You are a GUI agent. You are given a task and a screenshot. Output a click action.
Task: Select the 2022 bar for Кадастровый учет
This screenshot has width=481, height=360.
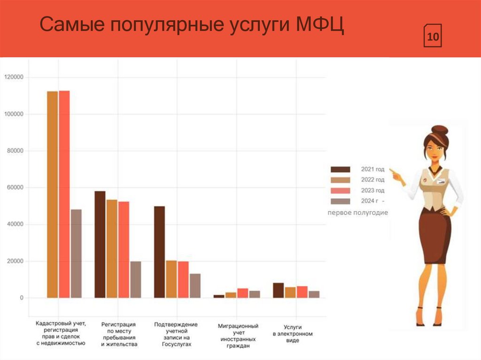(x=52, y=194)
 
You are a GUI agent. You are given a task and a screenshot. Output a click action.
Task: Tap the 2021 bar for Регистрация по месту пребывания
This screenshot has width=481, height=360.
(x=100, y=244)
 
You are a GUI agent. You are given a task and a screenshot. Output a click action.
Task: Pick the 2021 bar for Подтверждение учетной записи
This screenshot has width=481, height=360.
(x=159, y=252)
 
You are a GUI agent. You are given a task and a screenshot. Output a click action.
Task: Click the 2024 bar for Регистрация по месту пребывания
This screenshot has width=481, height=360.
(x=135, y=279)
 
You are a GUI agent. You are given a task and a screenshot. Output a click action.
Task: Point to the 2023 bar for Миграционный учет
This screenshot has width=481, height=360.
(x=242, y=293)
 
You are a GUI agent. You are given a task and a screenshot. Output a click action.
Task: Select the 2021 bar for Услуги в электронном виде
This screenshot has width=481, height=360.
(x=278, y=290)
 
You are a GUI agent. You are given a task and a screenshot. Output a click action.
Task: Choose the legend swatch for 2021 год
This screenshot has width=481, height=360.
(x=341, y=169)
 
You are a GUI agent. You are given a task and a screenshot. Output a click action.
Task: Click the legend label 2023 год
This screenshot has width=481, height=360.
(x=372, y=191)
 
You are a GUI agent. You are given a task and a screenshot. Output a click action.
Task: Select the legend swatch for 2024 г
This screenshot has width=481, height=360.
(x=341, y=201)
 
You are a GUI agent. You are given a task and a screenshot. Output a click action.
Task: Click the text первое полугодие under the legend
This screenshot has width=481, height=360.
(x=358, y=213)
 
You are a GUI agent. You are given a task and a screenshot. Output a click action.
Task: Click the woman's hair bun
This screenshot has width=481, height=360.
(x=440, y=130)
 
